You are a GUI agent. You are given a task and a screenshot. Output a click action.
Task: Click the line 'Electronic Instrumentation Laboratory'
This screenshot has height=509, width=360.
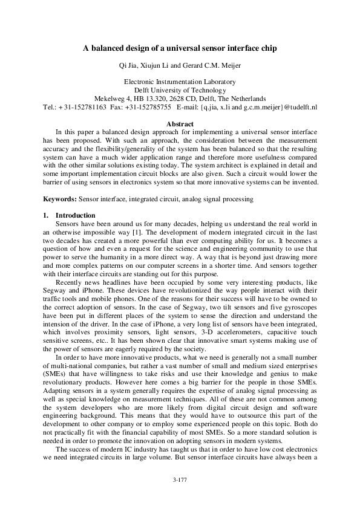click(180, 81)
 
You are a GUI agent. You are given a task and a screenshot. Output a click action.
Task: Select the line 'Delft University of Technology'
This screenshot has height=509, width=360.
click(180, 89)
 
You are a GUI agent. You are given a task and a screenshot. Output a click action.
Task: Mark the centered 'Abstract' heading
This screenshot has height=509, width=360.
click(180, 123)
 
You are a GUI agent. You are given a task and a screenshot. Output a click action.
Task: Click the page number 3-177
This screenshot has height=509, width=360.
click(180, 496)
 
